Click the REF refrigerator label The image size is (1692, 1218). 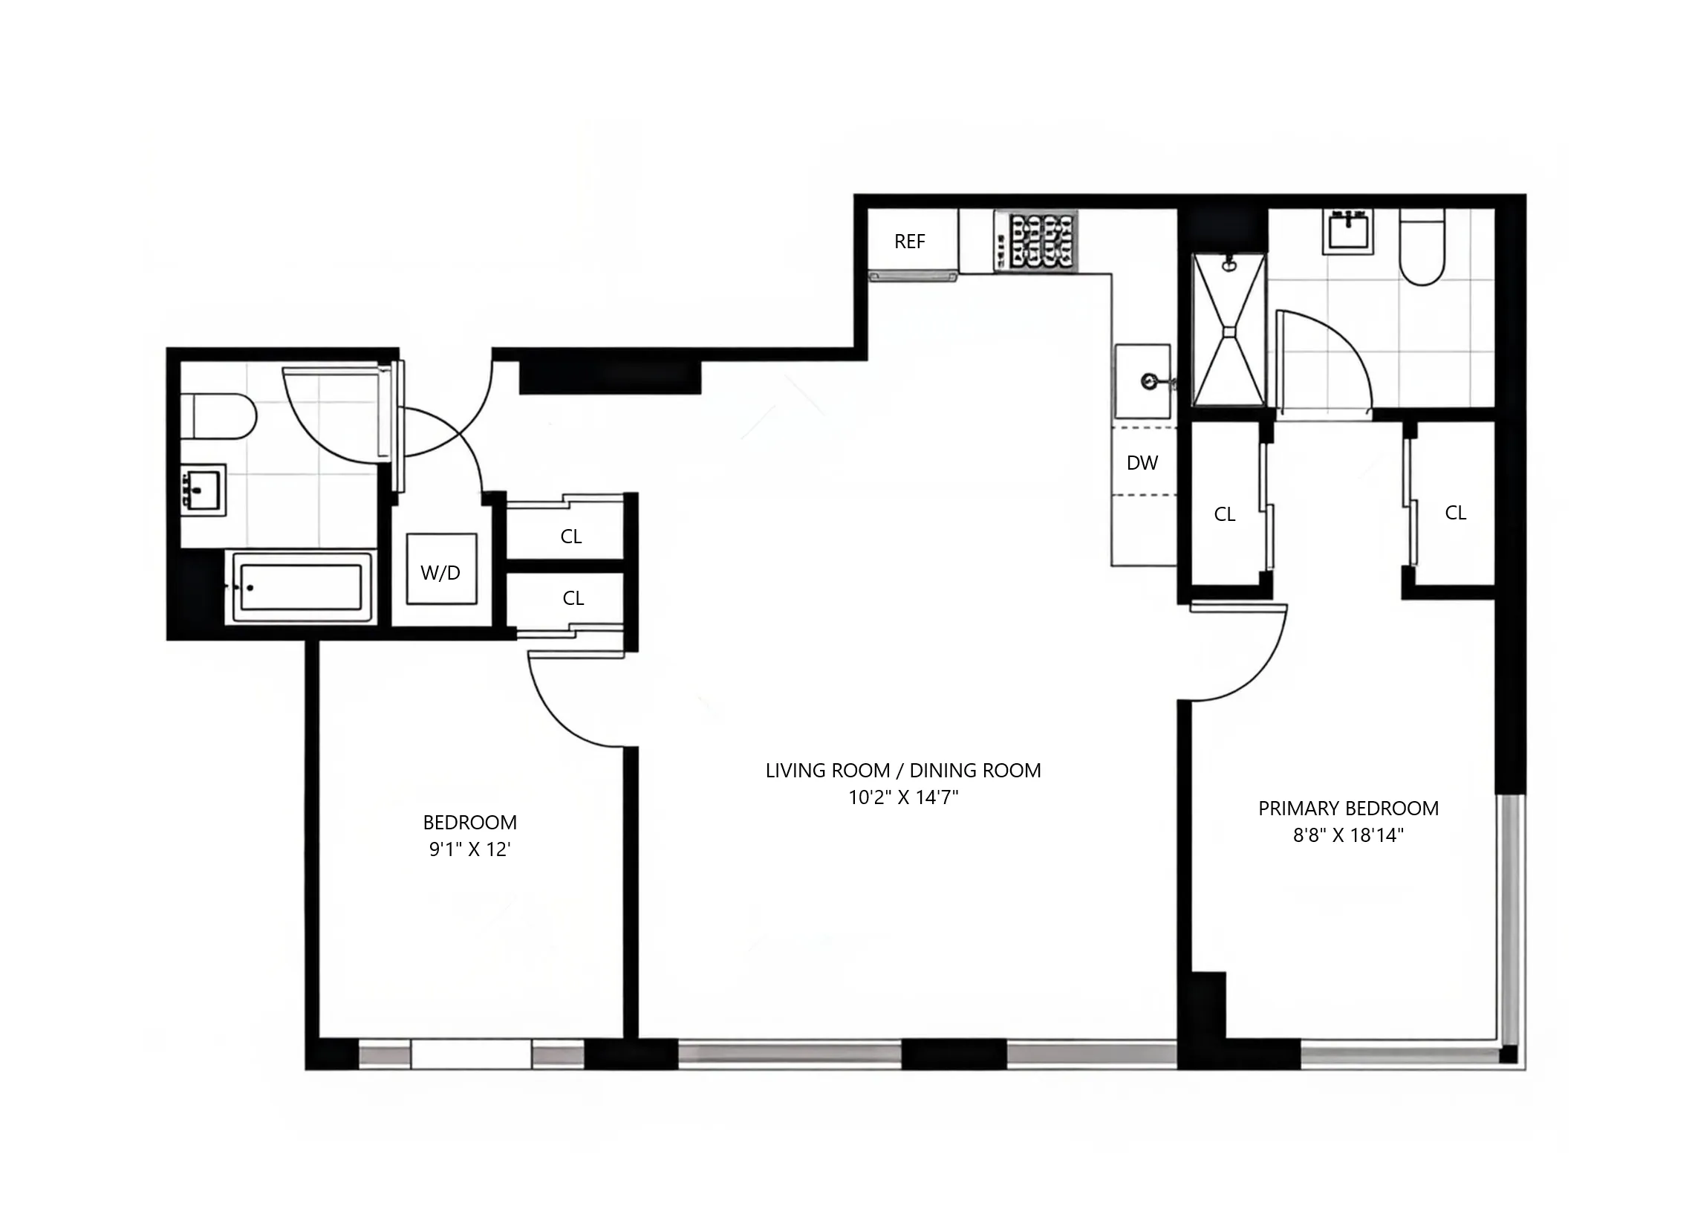coord(909,241)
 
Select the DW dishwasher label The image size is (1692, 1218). coord(1142,463)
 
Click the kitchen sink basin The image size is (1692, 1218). coord(1142,381)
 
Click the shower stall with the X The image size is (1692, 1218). coord(1229,329)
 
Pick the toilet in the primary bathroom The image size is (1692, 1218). coord(1422,249)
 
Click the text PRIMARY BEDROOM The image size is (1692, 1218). coord(1348,809)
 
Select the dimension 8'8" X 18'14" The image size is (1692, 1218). coord(1348,835)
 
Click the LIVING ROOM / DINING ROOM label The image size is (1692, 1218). coord(902,770)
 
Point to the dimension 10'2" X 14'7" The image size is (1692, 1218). coord(902,797)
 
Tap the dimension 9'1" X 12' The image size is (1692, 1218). coord(469,849)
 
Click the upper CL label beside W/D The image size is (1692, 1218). coord(570,536)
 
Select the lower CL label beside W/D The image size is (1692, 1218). coord(573,597)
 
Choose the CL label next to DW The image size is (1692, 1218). coord(1225,514)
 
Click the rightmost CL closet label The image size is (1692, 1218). coord(1456,512)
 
